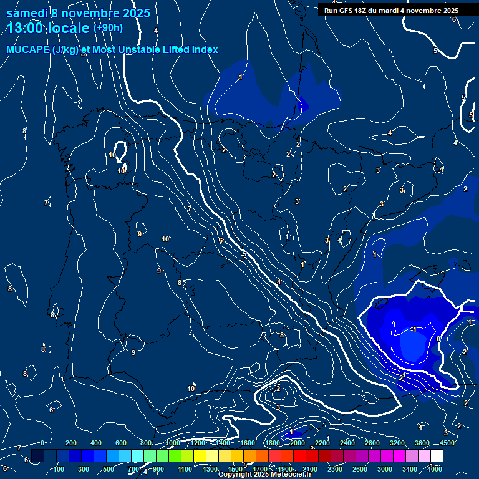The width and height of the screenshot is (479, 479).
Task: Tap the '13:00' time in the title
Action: coord(26,28)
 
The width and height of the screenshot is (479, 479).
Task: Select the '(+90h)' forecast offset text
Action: coord(108,27)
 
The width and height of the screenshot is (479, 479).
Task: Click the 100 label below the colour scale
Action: coord(59,469)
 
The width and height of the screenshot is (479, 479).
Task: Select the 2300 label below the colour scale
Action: coord(335,469)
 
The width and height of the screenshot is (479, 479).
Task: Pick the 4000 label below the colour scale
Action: coord(435,469)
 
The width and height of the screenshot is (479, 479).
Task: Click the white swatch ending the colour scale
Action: coord(437,456)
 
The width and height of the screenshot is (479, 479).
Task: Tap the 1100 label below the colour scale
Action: coord(185,469)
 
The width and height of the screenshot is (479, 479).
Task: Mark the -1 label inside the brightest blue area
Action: coord(414,330)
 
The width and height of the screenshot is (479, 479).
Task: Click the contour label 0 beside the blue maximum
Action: coord(438,339)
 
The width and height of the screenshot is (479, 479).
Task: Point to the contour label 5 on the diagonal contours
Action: coord(244,254)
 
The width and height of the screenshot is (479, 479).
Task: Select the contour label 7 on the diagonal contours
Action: coord(189,209)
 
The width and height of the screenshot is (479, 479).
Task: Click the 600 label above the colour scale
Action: coord(121,443)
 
